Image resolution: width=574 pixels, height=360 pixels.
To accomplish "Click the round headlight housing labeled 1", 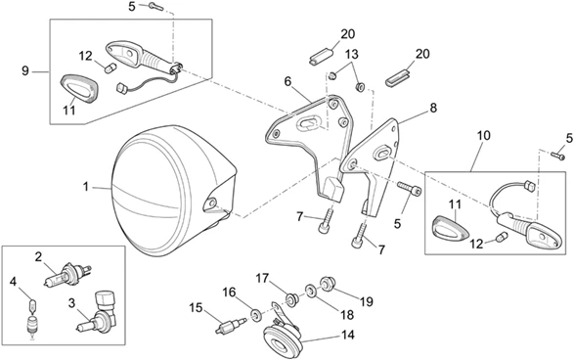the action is [172, 191].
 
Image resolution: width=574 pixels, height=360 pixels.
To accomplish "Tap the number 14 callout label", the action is [348, 335].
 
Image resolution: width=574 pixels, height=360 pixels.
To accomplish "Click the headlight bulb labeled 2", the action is [67, 276].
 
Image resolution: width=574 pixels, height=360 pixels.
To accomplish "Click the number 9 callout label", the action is [24, 70].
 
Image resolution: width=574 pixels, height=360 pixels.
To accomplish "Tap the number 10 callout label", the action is [483, 135].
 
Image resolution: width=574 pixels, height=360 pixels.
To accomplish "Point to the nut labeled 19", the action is [326, 283].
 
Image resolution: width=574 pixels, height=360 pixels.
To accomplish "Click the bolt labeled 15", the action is [232, 325].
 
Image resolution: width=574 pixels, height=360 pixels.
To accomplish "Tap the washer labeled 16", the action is [255, 314].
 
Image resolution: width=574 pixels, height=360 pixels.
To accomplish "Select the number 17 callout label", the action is [262, 279].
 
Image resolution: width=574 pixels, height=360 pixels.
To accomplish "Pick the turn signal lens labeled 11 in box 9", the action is [78, 90].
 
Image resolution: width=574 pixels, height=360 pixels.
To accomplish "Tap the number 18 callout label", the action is [347, 315].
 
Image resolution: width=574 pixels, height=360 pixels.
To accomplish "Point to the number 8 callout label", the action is [433, 108].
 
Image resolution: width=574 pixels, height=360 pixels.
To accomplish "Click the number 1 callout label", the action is [86, 187].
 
